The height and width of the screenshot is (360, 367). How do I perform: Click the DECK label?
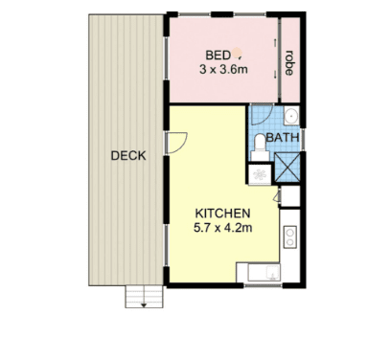(x=128, y=156)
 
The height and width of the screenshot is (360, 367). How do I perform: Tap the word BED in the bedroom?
(x=218, y=56)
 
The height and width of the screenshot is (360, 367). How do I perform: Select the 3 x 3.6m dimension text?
(x=223, y=69)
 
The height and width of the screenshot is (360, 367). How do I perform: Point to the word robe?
(x=289, y=63)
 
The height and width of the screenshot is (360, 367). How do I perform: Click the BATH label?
(x=283, y=138)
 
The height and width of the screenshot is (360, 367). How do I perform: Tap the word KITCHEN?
(x=222, y=214)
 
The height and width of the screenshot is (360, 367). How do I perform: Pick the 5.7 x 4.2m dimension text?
(x=222, y=228)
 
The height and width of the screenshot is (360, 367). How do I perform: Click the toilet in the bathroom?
(x=260, y=147)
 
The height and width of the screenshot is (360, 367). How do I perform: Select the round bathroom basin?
(x=291, y=115)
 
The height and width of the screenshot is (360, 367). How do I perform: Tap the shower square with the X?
(x=287, y=168)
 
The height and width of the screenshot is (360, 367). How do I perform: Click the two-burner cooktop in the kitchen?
(x=290, y=236)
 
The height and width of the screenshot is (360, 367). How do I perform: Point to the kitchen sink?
(x=264, y=273)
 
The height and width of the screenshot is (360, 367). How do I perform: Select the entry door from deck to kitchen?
(x=176, y=143)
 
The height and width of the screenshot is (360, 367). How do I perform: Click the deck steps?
(x=144, y=297)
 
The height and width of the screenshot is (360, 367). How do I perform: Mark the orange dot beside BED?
(x=237, y=53)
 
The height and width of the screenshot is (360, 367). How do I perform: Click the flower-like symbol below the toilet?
(x=260, y=174)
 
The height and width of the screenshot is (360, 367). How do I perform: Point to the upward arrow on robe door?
(x=275, y=43)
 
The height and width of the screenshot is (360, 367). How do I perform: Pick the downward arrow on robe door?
(x=275, y=75)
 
